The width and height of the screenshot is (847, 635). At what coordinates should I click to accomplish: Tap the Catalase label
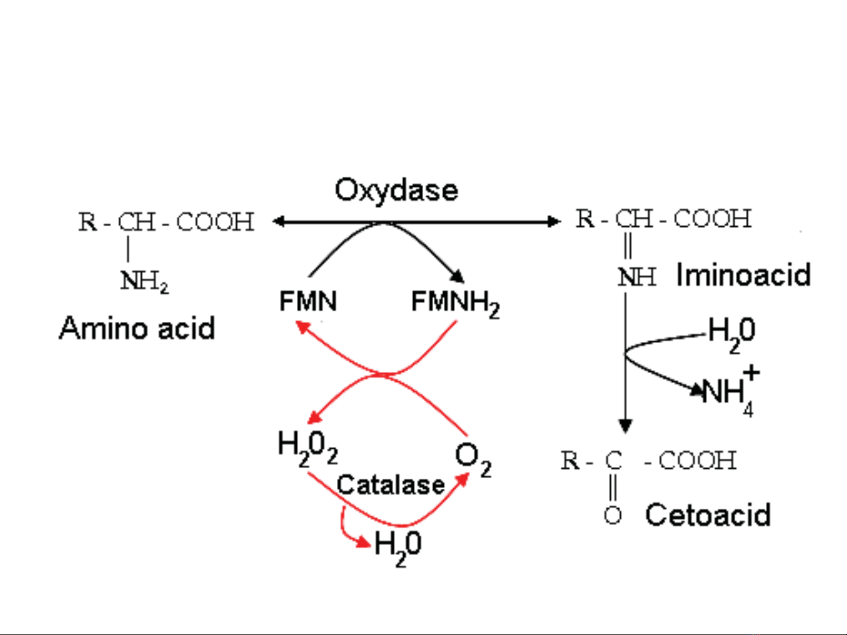point(391,485)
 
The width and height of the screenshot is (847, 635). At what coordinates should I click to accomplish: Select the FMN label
point(308,302)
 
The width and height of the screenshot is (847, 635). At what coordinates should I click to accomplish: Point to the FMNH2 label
point(455,303)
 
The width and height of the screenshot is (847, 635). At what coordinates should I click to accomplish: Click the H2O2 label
point(307,448)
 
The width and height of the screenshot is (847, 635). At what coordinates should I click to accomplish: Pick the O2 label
point(473,459)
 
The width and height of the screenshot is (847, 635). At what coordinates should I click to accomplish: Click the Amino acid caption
point(137,328)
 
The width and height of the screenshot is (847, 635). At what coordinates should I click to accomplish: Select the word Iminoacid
point(744,275)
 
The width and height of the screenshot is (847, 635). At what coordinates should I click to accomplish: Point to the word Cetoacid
point(708,515)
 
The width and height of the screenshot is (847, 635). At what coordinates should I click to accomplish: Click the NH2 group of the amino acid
point(144,281)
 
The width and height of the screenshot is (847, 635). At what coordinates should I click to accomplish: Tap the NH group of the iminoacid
point(637,277)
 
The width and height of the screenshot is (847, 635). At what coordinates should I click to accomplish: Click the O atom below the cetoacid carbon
point(612,515)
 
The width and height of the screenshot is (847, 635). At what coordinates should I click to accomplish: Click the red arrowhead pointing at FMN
point(302,326)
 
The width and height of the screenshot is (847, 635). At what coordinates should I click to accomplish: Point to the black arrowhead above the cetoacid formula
point(625,425)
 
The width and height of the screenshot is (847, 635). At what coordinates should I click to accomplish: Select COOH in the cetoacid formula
point(697,461)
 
